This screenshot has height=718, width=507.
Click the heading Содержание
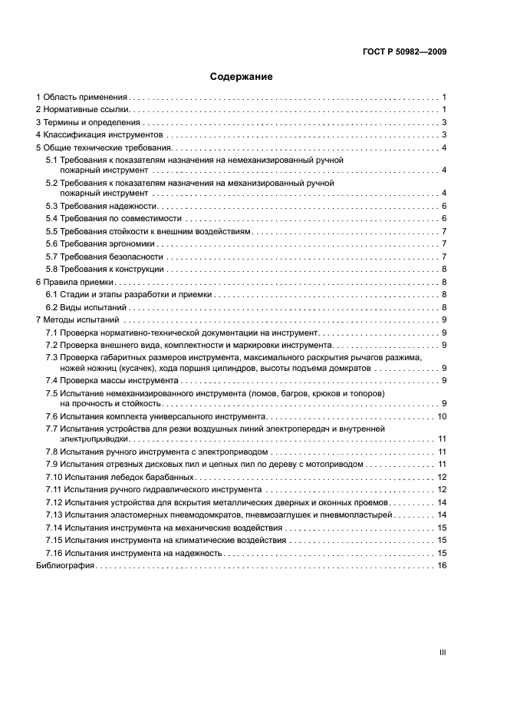[242, 77]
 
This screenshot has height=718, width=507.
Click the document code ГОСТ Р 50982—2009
[405, 51]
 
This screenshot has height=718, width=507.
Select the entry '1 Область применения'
[82, 98]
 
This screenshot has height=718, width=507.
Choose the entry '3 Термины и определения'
[88, 123]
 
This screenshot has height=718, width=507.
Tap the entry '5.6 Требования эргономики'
[102, 243]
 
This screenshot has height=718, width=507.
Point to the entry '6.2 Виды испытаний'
[86, 307]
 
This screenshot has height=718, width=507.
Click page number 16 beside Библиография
[442, 565]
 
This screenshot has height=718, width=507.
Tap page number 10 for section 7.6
[442, 416]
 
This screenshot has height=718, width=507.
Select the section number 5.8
[52, 269]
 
